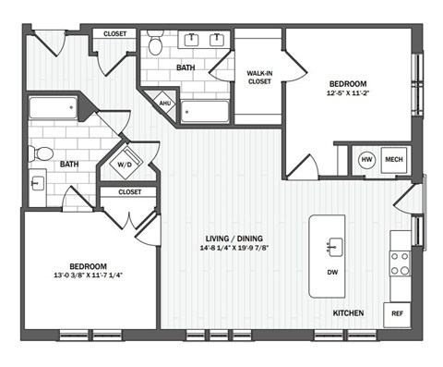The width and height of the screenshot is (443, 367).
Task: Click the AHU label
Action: tap(164, 104)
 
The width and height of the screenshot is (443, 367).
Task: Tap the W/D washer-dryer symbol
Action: tap(122, 165)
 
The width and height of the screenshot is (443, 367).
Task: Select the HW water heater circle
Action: tap(366, 159)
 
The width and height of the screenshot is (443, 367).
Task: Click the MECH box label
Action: tap(394, 159)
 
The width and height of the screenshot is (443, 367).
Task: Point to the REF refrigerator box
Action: tap(398, 313)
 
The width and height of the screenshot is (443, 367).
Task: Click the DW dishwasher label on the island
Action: tap(332, 274)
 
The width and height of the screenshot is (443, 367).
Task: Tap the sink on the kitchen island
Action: tap(333, 246)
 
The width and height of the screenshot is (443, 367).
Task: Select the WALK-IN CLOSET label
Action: tap(258, 77)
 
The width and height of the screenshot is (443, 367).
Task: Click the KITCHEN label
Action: tap(346, 313)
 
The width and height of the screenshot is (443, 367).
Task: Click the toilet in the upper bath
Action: tap(156, 44)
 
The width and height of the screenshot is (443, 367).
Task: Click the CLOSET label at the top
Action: tap(114, 33)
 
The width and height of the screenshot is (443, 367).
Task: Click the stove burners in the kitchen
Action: tap(400, 263)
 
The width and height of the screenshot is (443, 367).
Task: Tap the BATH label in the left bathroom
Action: tap(70, 164)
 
